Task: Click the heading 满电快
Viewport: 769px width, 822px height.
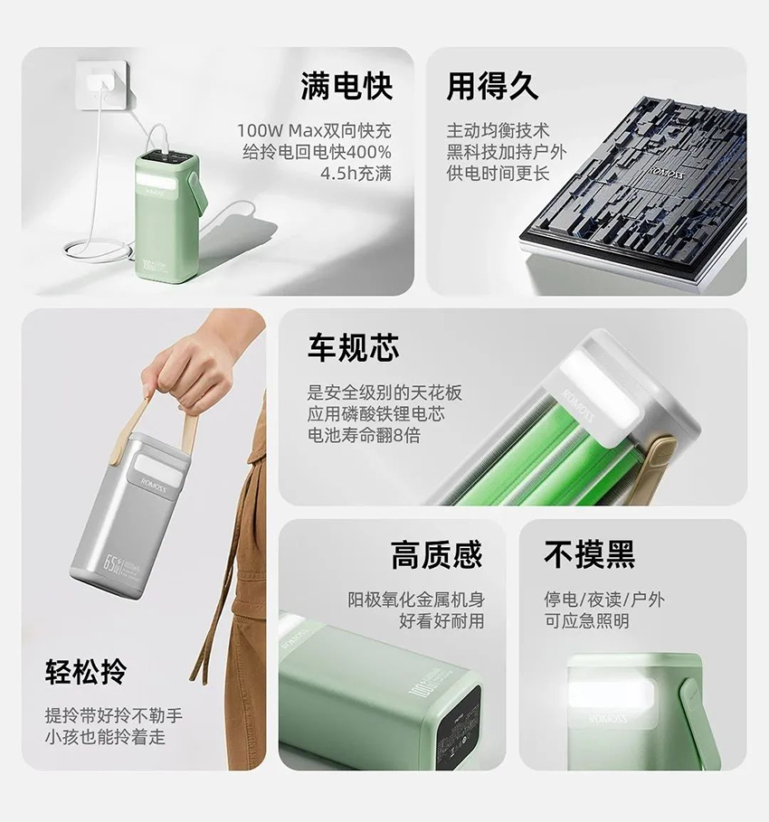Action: pos(347,87)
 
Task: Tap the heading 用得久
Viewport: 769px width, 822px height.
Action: pos(492,87)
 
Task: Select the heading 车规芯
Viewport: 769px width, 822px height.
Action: pos(353,347)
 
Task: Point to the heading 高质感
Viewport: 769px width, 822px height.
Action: pos(436,554)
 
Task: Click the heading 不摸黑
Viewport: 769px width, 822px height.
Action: pos(590,554)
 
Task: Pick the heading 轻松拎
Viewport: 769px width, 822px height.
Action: pos(86,672)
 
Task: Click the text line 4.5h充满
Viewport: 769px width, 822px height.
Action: pos(356,174)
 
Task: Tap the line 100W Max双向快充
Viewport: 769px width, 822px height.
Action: pos(314,130)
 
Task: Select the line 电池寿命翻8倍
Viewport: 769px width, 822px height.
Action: pos(364,435)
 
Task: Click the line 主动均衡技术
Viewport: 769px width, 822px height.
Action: pos(498,130)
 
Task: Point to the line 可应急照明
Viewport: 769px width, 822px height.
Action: pos(586,621)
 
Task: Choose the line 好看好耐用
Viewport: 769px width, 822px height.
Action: pos(441,621)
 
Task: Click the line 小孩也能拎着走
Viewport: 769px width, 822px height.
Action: pos(105,737)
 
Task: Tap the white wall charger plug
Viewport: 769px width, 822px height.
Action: pos(102,84)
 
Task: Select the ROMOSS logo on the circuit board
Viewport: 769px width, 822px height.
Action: pos(664,171)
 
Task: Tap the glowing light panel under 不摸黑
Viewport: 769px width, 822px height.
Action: pos(611,696)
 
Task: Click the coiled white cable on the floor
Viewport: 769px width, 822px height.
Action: pos(97,251)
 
